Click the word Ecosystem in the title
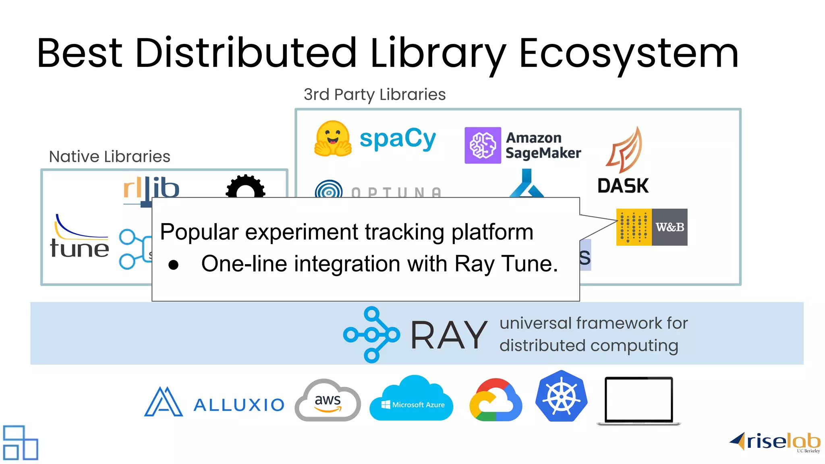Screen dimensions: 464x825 (x=629, y=53)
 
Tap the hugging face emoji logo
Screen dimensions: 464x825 (x=332, y=139)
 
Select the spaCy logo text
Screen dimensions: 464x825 (x=398, y=139)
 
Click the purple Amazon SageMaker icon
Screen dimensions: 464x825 (x=483, y=145)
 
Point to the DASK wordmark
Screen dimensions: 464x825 (x=623, y=186)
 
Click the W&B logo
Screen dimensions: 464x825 (x=652, y=227)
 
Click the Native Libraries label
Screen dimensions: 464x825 (x=110, y=157)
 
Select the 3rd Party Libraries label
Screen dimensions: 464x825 (x=375, y=95)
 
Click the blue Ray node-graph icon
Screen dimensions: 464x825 (x=371, y=334)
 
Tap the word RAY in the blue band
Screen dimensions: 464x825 (x=449, y=335)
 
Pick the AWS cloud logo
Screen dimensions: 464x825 (x=328, y=400)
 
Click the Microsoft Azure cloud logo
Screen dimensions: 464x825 (x=411, y=399)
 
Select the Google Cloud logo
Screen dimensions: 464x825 (x=496, y=400)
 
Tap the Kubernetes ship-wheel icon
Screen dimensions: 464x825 (x=561, y=396)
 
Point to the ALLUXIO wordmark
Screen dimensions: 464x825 (x=239, y=405)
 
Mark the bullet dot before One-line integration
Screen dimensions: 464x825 (x=174, y=265)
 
